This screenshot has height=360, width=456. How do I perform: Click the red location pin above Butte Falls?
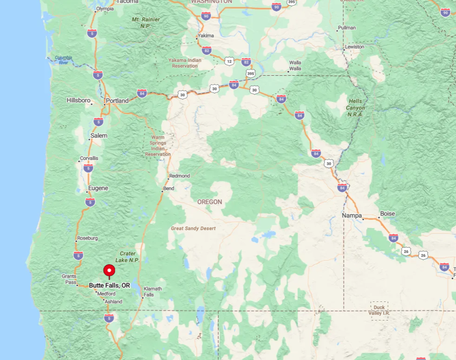109,270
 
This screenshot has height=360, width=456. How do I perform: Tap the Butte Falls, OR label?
109,285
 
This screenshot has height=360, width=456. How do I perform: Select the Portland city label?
117,100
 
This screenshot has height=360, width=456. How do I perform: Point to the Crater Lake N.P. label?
127,257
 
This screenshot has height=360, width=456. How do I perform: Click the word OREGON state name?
210,202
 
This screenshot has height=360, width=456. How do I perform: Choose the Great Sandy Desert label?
193,229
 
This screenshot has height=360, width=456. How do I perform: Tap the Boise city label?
387,214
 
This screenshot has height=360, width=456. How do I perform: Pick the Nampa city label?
352,216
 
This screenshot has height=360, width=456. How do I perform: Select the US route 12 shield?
229,61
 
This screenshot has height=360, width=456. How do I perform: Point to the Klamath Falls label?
152,291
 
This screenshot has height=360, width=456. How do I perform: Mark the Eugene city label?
98,188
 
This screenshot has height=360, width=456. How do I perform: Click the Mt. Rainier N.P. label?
146,22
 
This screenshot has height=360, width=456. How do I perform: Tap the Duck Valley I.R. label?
379,310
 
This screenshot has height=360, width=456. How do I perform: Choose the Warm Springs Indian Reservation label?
158,146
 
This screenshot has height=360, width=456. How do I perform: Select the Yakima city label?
206,36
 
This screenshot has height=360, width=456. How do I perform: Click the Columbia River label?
63,60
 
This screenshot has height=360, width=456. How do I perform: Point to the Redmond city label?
180,176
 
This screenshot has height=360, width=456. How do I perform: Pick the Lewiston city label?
355,47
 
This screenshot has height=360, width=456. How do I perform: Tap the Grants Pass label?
69,279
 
